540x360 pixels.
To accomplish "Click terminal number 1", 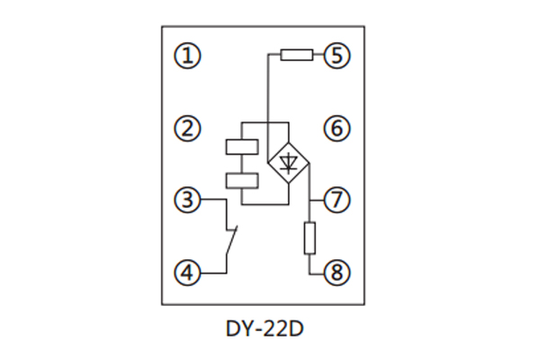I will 187,56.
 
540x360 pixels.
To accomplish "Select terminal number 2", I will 187,129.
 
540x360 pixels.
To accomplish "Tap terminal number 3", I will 187,199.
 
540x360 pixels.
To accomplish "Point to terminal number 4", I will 187,271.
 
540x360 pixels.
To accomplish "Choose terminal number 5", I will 337,56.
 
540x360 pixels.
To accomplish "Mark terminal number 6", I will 337,129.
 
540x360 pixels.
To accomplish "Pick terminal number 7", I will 337,199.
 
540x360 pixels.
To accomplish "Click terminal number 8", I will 337,271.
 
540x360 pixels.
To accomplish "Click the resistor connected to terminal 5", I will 296,56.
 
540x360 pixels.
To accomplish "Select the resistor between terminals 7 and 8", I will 310,238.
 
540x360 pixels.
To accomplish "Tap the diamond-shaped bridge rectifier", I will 288,163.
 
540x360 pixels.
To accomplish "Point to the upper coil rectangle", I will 239,147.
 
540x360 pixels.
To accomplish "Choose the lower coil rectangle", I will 239,179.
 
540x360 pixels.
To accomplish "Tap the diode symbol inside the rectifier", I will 288,163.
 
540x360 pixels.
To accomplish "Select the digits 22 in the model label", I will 277,329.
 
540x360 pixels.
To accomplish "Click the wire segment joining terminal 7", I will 318,199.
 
